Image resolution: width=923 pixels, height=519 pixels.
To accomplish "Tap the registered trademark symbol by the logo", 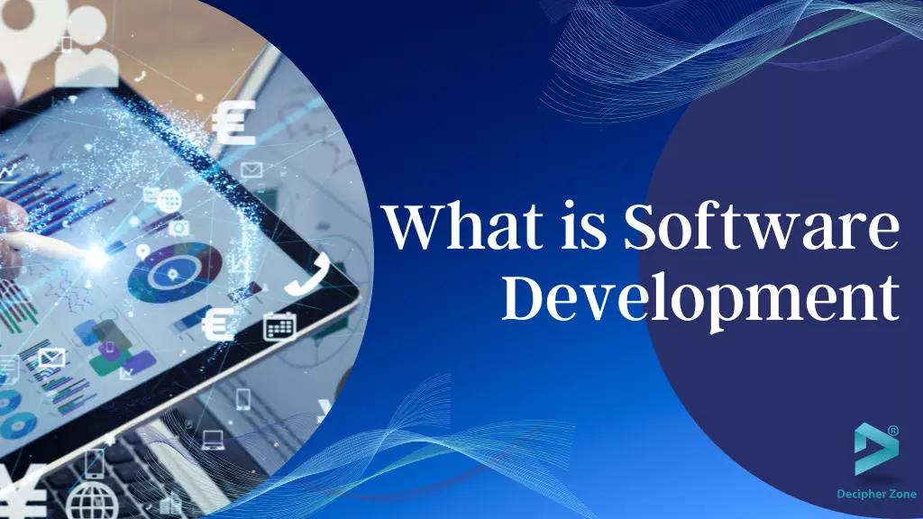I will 893,431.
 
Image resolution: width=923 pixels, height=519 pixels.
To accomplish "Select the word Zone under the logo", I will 902,494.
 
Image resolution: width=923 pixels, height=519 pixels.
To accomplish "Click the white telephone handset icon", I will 304,274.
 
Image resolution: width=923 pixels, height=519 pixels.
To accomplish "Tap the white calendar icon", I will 279,325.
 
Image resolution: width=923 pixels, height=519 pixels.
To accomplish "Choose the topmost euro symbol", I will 233,123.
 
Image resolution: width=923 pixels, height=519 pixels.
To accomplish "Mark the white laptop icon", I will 213,440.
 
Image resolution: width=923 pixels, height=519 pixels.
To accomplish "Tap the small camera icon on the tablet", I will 179,227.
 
